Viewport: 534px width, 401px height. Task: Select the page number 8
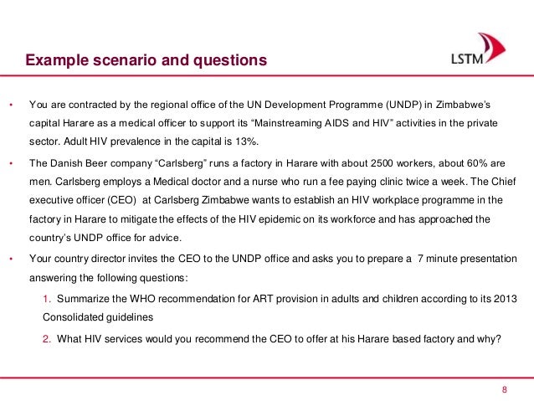coord(505,389)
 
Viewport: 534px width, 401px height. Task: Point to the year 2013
coord(518,300)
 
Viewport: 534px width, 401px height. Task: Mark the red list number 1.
coord(45,300)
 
